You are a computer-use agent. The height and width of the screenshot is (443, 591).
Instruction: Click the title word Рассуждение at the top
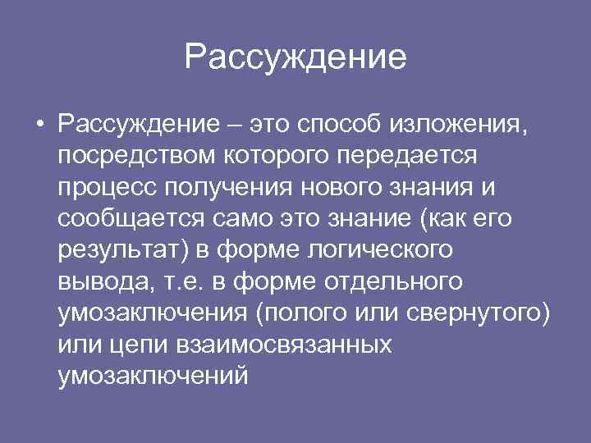(295, 57)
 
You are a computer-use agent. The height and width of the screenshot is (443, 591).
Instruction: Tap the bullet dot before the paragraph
(39, 126)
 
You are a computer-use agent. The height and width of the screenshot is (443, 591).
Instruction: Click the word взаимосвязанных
(284, 344)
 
